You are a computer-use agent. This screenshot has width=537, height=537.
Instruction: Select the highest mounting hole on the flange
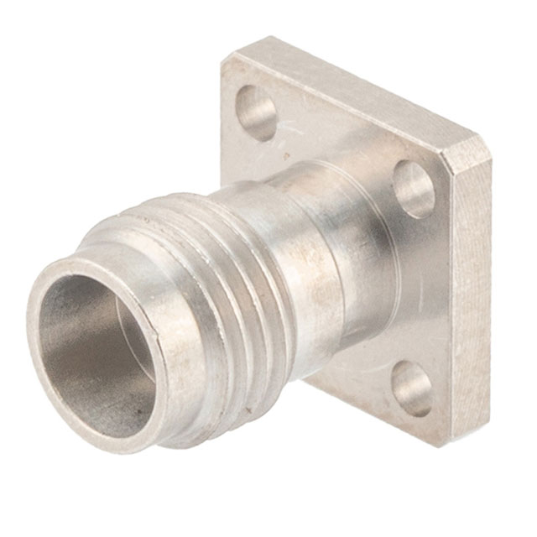[x=256, y=113]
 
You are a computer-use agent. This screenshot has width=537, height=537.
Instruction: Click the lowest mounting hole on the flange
[x=412, y=388]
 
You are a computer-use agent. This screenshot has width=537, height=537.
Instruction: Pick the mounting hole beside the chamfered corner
[x=414, y=190]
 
